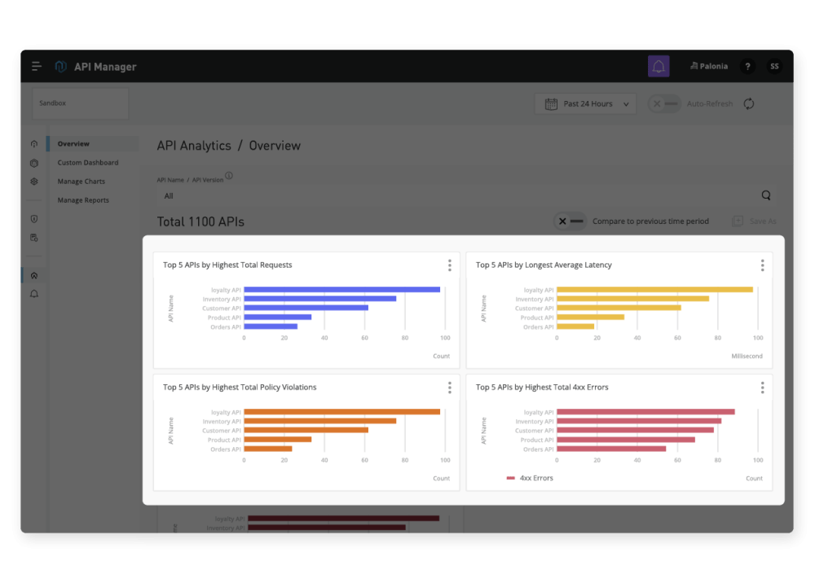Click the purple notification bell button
(x=659, y=67)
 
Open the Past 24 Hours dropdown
(x=586, y=104)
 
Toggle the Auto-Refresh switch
(x=664, y=104)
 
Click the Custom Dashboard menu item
(x=87, y=163)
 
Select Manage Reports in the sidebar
(x=82, y=200)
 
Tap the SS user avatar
(x=773, y=67)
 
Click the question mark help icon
(x=747, y=67)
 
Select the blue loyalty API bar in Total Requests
(x=341, y=290)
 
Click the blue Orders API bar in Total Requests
(x=271, y=327)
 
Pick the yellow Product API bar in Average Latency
(x=590, y=318)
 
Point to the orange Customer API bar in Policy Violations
(x=306, y=431)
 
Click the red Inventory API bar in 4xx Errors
(x=638, y=421)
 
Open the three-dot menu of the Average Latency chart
(x=762, y=265)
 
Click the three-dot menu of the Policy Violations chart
(x=449, y=388)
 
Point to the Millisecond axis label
(x=747, y=357)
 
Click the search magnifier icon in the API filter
(x=765, y=195)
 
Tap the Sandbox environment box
(x=80, y=104)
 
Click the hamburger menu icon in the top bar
(x=37, y=67)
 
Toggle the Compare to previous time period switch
(x=570, y=221)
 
